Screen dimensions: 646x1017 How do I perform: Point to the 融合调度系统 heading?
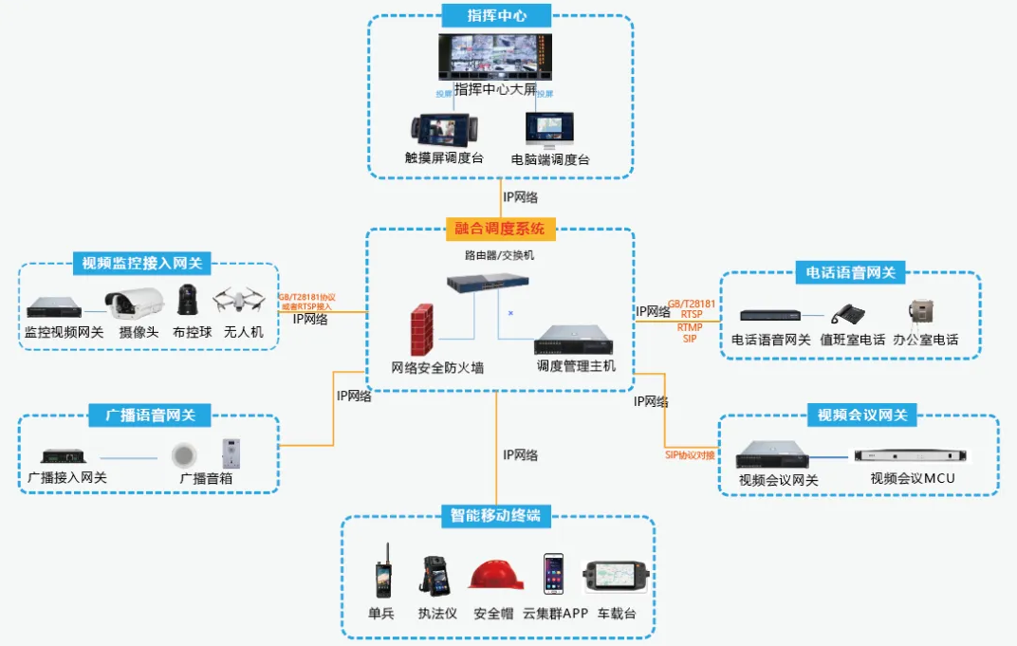[x=500, y=228]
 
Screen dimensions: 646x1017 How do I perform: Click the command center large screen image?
[x=495, y=57]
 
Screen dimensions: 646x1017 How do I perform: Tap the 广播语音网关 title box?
[x=149, y=415]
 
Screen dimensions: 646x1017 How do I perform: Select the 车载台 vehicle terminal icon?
[x=616, y=577]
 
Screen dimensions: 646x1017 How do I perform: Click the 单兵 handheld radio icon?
[x=381, y=577]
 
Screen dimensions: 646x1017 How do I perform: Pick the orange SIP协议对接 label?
[x=690, y=455]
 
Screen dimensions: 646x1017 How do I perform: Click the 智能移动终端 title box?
[x=495, y=516]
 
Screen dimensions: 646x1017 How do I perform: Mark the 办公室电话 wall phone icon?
[x=921, y=313]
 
